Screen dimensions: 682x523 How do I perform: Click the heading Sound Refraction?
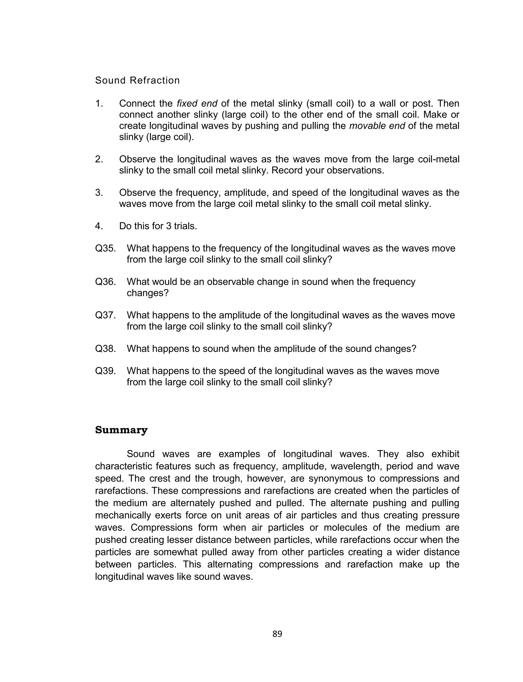(x=137, y=80)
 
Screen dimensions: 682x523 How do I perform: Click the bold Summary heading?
(x=121, y=430)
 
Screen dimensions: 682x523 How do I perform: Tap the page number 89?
(x=277, y=634)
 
